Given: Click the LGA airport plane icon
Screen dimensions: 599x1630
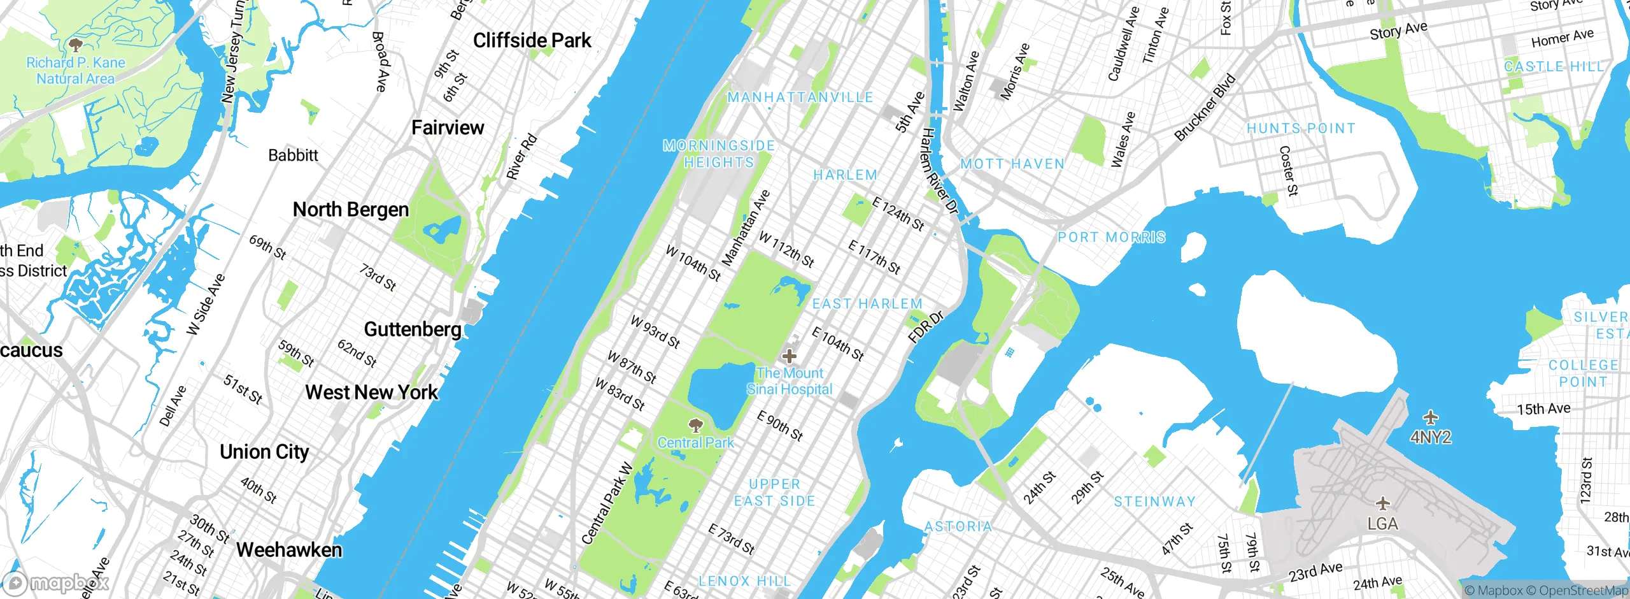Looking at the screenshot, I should [x=1382, y=504].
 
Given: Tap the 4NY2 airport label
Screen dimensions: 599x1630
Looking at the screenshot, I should [x=1431, y=437].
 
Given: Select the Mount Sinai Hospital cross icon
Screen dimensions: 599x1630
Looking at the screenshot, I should [x=790, y=356].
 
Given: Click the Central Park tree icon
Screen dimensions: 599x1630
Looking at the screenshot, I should [x=696, y=424].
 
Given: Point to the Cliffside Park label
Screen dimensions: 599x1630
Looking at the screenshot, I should [x=532, y=41].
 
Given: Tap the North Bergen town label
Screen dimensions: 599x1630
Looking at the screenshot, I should [x=351, y=210].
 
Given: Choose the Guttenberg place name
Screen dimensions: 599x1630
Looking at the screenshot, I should [x=413, y=329].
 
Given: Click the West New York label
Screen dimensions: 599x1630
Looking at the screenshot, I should [x=372, y=393].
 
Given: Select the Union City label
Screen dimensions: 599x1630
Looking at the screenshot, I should [x=264, y=452].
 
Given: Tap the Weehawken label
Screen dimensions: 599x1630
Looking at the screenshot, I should [x=289, y=550].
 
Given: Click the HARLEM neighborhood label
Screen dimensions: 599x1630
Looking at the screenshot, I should [x=846, y=175].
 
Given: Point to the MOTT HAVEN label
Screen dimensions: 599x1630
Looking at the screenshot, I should [x=1012, y=164].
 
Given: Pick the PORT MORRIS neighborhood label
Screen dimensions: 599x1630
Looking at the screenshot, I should [x=1112, y=238].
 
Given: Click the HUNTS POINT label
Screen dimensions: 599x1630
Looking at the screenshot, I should [x=1301, y=129].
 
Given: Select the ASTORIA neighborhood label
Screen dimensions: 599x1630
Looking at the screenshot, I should [x=958, y=527].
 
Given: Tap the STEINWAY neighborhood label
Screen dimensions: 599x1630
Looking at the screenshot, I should [x=1154, y=502].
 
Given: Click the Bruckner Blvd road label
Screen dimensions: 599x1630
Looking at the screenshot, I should [x=1205, y=108].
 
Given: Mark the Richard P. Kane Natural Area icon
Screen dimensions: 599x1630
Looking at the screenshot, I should [x=76, y=45].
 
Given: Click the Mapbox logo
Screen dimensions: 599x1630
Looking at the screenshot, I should [x=56, y=582].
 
